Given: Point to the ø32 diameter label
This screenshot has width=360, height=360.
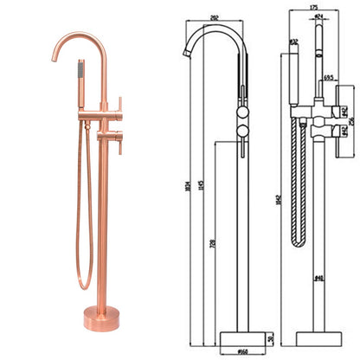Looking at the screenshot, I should click(x=295, y=40).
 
